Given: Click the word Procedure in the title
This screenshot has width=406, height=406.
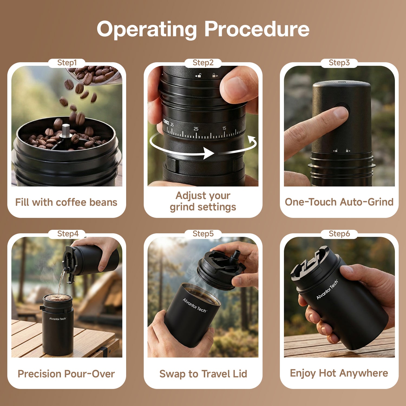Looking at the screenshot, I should click(x=257, y=29).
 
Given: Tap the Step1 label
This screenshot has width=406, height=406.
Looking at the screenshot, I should click(x=67, y=63).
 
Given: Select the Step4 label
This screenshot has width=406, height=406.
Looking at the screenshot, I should click(x=68, y=234).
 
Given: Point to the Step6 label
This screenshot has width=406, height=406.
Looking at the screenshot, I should click(x=339, y=234).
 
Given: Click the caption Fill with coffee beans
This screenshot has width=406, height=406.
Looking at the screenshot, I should click(x=66, y=202).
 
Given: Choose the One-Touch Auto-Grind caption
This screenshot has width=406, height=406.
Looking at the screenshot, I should click(x=339, y=202).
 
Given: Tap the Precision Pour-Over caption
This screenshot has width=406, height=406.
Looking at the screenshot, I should click(x=66, y=374).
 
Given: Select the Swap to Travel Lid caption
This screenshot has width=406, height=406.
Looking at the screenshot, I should click(x=203, y=374).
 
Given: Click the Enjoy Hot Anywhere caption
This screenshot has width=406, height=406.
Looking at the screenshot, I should click(x=339, y=373).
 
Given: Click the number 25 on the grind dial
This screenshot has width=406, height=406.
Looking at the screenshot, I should click(x=196, y=129).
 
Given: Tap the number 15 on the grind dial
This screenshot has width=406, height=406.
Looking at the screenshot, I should click(x=224, y=128).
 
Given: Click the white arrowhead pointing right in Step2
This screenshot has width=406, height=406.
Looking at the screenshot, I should click(x=209, y=153).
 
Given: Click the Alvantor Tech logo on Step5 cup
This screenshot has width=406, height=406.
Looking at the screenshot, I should click(x=194, y=305).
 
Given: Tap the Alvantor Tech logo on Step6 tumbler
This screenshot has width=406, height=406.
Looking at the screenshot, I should click(x=327, y=290).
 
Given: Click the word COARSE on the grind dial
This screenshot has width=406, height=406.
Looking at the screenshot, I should click(x=166, y=123).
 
